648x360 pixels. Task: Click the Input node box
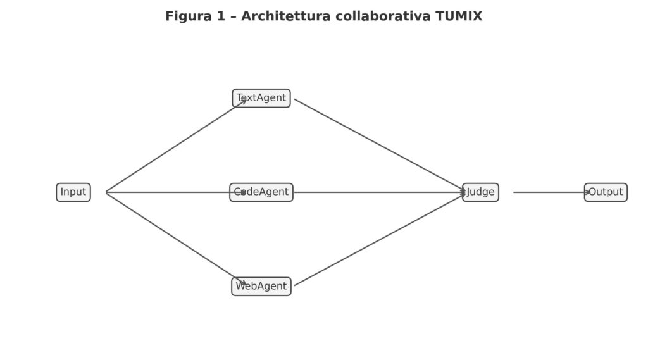tap(73, 192)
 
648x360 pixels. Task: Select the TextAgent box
tap(261, 98)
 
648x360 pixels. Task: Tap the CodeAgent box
tap(261, 192)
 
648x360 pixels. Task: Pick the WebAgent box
tap(261, 287)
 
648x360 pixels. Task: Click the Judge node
tap(480, 192)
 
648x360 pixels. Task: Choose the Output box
tap(606, 192)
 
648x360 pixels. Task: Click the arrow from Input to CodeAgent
tap(171, 192)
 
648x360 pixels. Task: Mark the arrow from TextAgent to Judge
tap(380, 145)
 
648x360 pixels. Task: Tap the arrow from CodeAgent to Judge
tap(380, 192)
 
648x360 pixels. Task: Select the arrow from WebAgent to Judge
tap(380, 240)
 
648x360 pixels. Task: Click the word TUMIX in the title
tap(459, 16)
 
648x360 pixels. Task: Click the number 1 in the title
tap(221, 16)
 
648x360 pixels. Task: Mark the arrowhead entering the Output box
tap(587, 192)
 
